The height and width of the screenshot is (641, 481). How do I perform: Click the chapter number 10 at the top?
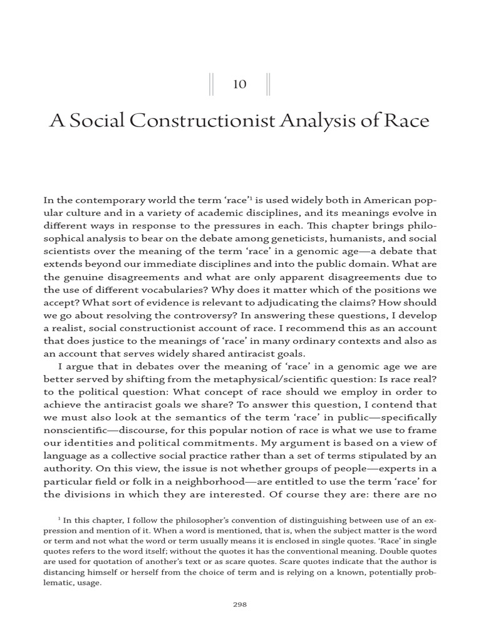click(240, 85)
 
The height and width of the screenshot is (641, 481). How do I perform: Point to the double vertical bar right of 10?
click(269, 85)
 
